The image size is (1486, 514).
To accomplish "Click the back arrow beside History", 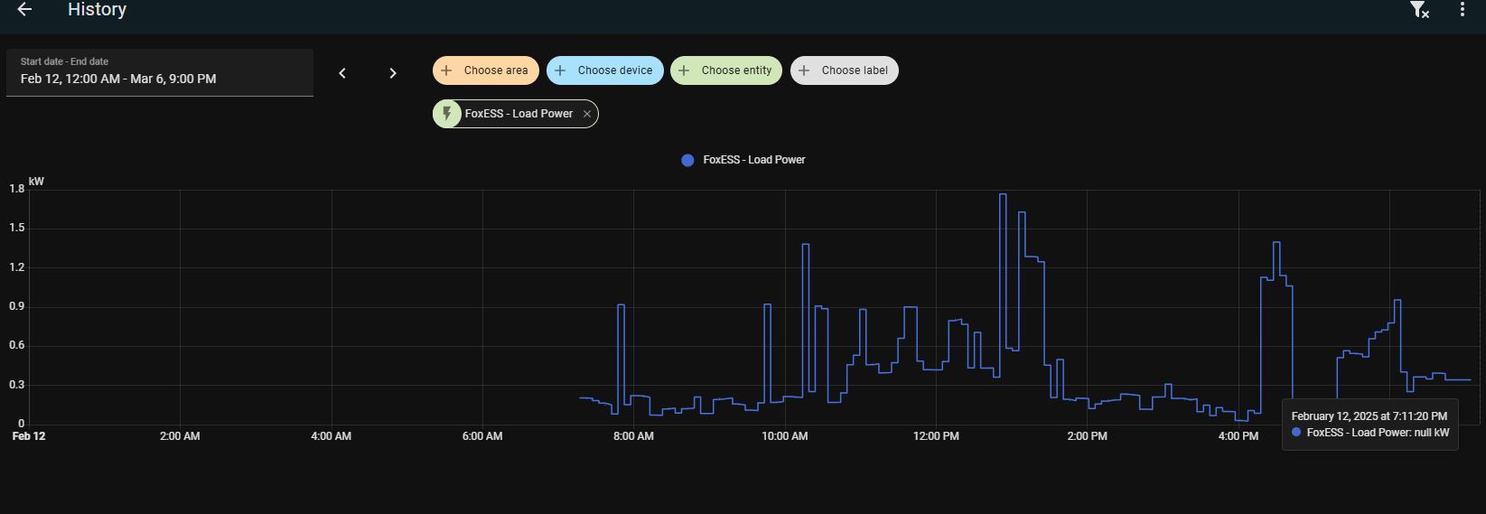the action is [x=24, y=9].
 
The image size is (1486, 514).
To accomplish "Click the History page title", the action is [x=97, y=9].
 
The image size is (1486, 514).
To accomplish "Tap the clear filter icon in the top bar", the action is [x=1419, y=9].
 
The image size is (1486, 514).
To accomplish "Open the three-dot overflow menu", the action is [x=1463, y=9].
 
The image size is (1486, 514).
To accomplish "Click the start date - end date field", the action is [x=159, y=72].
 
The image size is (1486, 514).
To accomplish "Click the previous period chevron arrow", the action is [x=342, y=73].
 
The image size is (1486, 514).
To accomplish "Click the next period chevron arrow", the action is [x=393, y=73].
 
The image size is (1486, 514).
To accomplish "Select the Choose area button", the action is [x=486, y=70].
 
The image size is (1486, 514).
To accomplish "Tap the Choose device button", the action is [x=605, y=70].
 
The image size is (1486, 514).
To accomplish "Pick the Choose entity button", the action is [x=726, y=70].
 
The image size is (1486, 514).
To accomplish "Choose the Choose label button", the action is [x=845, y=70].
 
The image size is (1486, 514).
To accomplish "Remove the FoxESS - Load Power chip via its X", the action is [x=587, y=114].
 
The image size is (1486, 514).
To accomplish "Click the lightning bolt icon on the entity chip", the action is [x=447, y=114].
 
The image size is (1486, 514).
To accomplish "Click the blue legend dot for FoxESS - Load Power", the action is [x=688, y=160].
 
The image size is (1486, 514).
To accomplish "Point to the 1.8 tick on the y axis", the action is [x=17, y=189].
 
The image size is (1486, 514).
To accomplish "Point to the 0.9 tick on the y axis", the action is [x=17, y=306].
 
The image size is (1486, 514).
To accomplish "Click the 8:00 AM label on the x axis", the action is [x=633, y=436].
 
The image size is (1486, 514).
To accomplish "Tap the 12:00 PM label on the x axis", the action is [x=936, y=436].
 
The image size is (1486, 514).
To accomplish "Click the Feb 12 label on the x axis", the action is [x=29, y=436].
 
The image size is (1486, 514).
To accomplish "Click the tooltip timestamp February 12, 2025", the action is [x=1369, y=416].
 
